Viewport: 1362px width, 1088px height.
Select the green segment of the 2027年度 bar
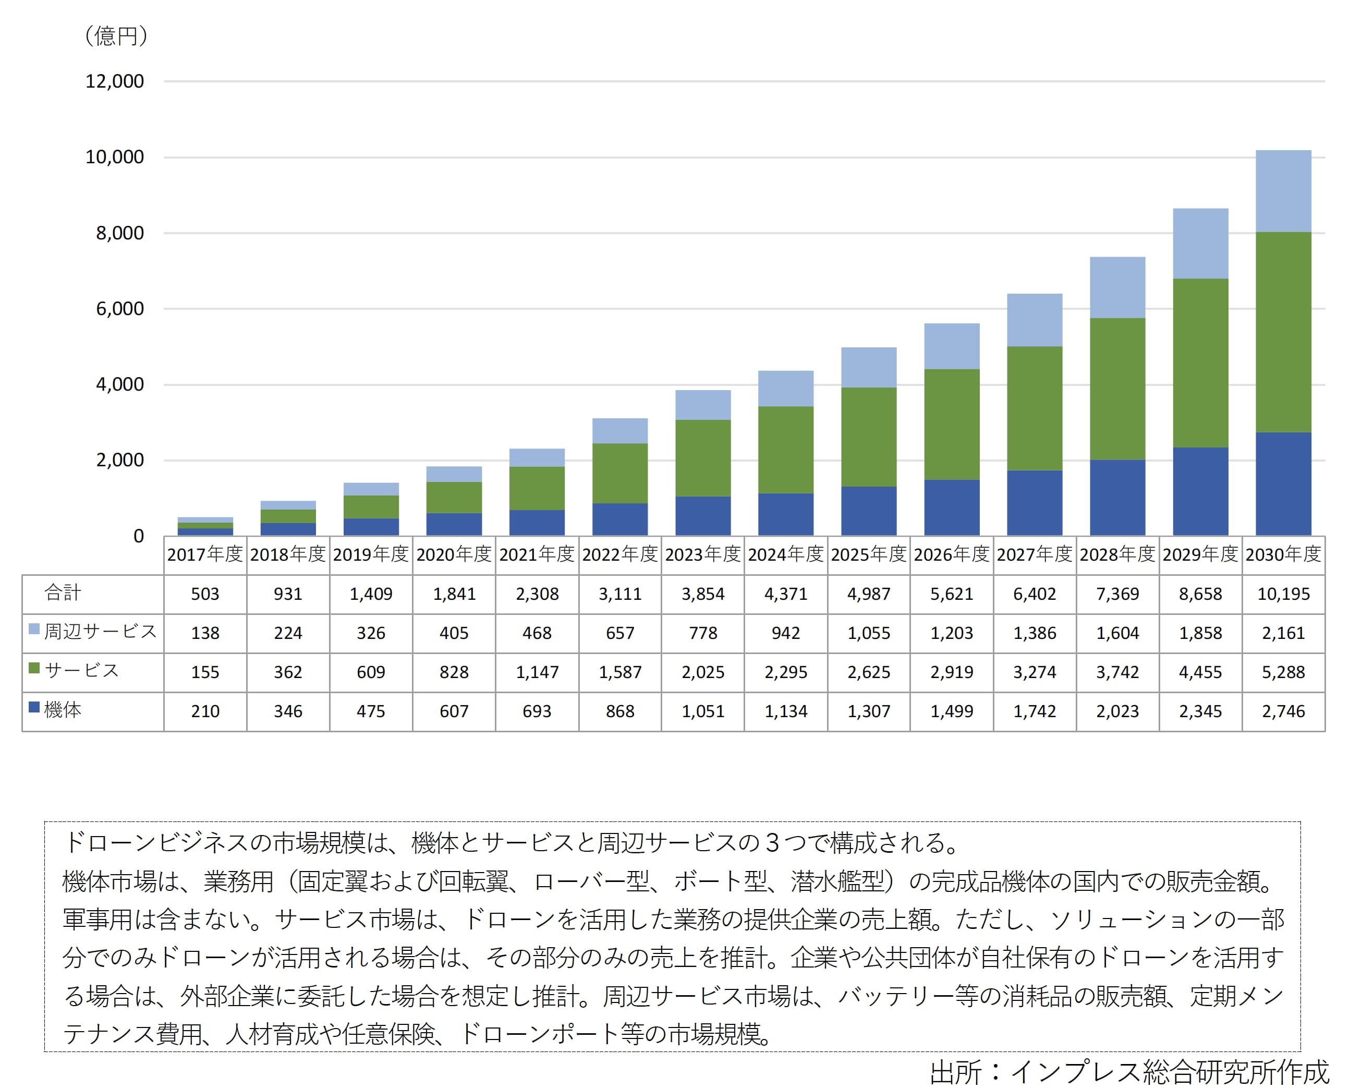click(x=1034, y=408)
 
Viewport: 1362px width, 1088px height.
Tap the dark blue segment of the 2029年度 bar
click(x=1200, y=491)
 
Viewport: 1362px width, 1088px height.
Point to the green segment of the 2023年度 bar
click(x=702, y=458)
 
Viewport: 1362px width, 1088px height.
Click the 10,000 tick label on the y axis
click(x=114, y=156)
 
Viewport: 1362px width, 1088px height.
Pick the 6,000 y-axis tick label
click(x=119, y=308)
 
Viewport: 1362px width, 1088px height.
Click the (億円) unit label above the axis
click(x=116, y=35)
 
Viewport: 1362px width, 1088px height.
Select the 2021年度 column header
click(x=537, y=554)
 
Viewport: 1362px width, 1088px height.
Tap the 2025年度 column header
click(x=869, y=554)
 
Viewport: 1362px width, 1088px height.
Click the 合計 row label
click(x=63, y=593)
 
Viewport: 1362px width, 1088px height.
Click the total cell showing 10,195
click(x=1283, y=594)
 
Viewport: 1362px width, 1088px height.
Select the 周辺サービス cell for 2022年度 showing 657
click(x=619, y=633)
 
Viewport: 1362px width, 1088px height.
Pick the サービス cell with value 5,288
click(x=1283, y=672)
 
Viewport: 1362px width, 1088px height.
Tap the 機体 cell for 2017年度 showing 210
click(x=205, y=711)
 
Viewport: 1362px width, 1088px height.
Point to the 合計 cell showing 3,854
click(x=702, y=594)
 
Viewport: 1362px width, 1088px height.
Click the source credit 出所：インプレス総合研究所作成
click(x=1129, y=1072)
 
